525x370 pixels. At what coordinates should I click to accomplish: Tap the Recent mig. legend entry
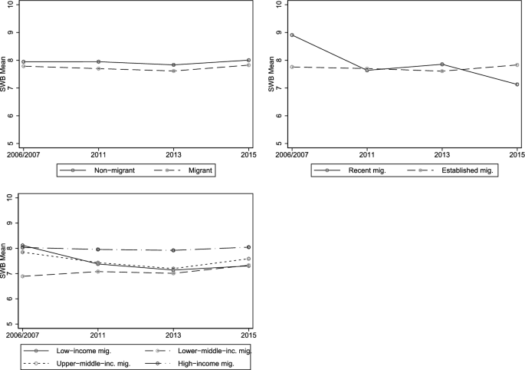[353, 171]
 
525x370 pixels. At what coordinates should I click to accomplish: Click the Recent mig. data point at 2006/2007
[292, 35]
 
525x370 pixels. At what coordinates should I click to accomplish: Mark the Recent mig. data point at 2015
[517, 84]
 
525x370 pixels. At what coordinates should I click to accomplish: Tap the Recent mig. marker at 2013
[442, 64]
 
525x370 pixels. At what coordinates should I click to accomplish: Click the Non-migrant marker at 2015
[248, 60]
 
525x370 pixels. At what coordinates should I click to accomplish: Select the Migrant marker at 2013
[173, 71]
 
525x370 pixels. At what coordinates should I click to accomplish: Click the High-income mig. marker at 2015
[248, 247]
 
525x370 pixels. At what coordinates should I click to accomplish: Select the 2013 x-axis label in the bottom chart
[173, 334]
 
